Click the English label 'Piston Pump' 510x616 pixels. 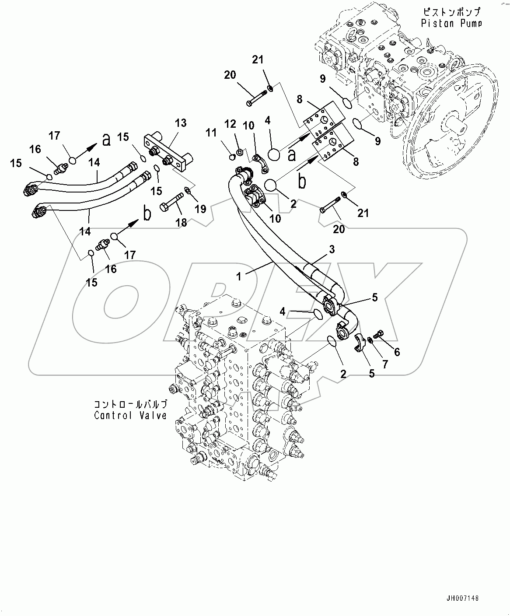pos(451,23)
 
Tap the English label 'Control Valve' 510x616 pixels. pos(131,415)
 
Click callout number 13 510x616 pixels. pos(181,123)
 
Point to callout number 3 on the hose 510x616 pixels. pos(332,249)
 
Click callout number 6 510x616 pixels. pos(397,351)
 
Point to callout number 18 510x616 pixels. pos(181,223)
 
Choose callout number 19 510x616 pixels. pos(200,209)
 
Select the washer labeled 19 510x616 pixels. pos(187,189)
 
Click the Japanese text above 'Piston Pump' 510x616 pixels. pos(451,12)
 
